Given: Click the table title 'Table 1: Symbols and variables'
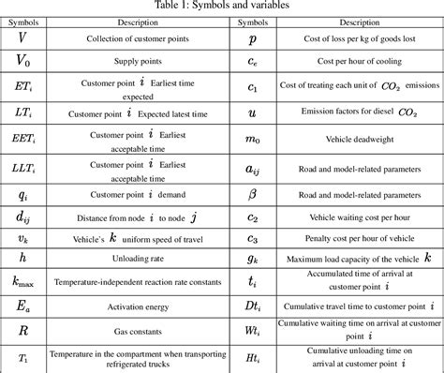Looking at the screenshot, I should pos(222,6).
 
